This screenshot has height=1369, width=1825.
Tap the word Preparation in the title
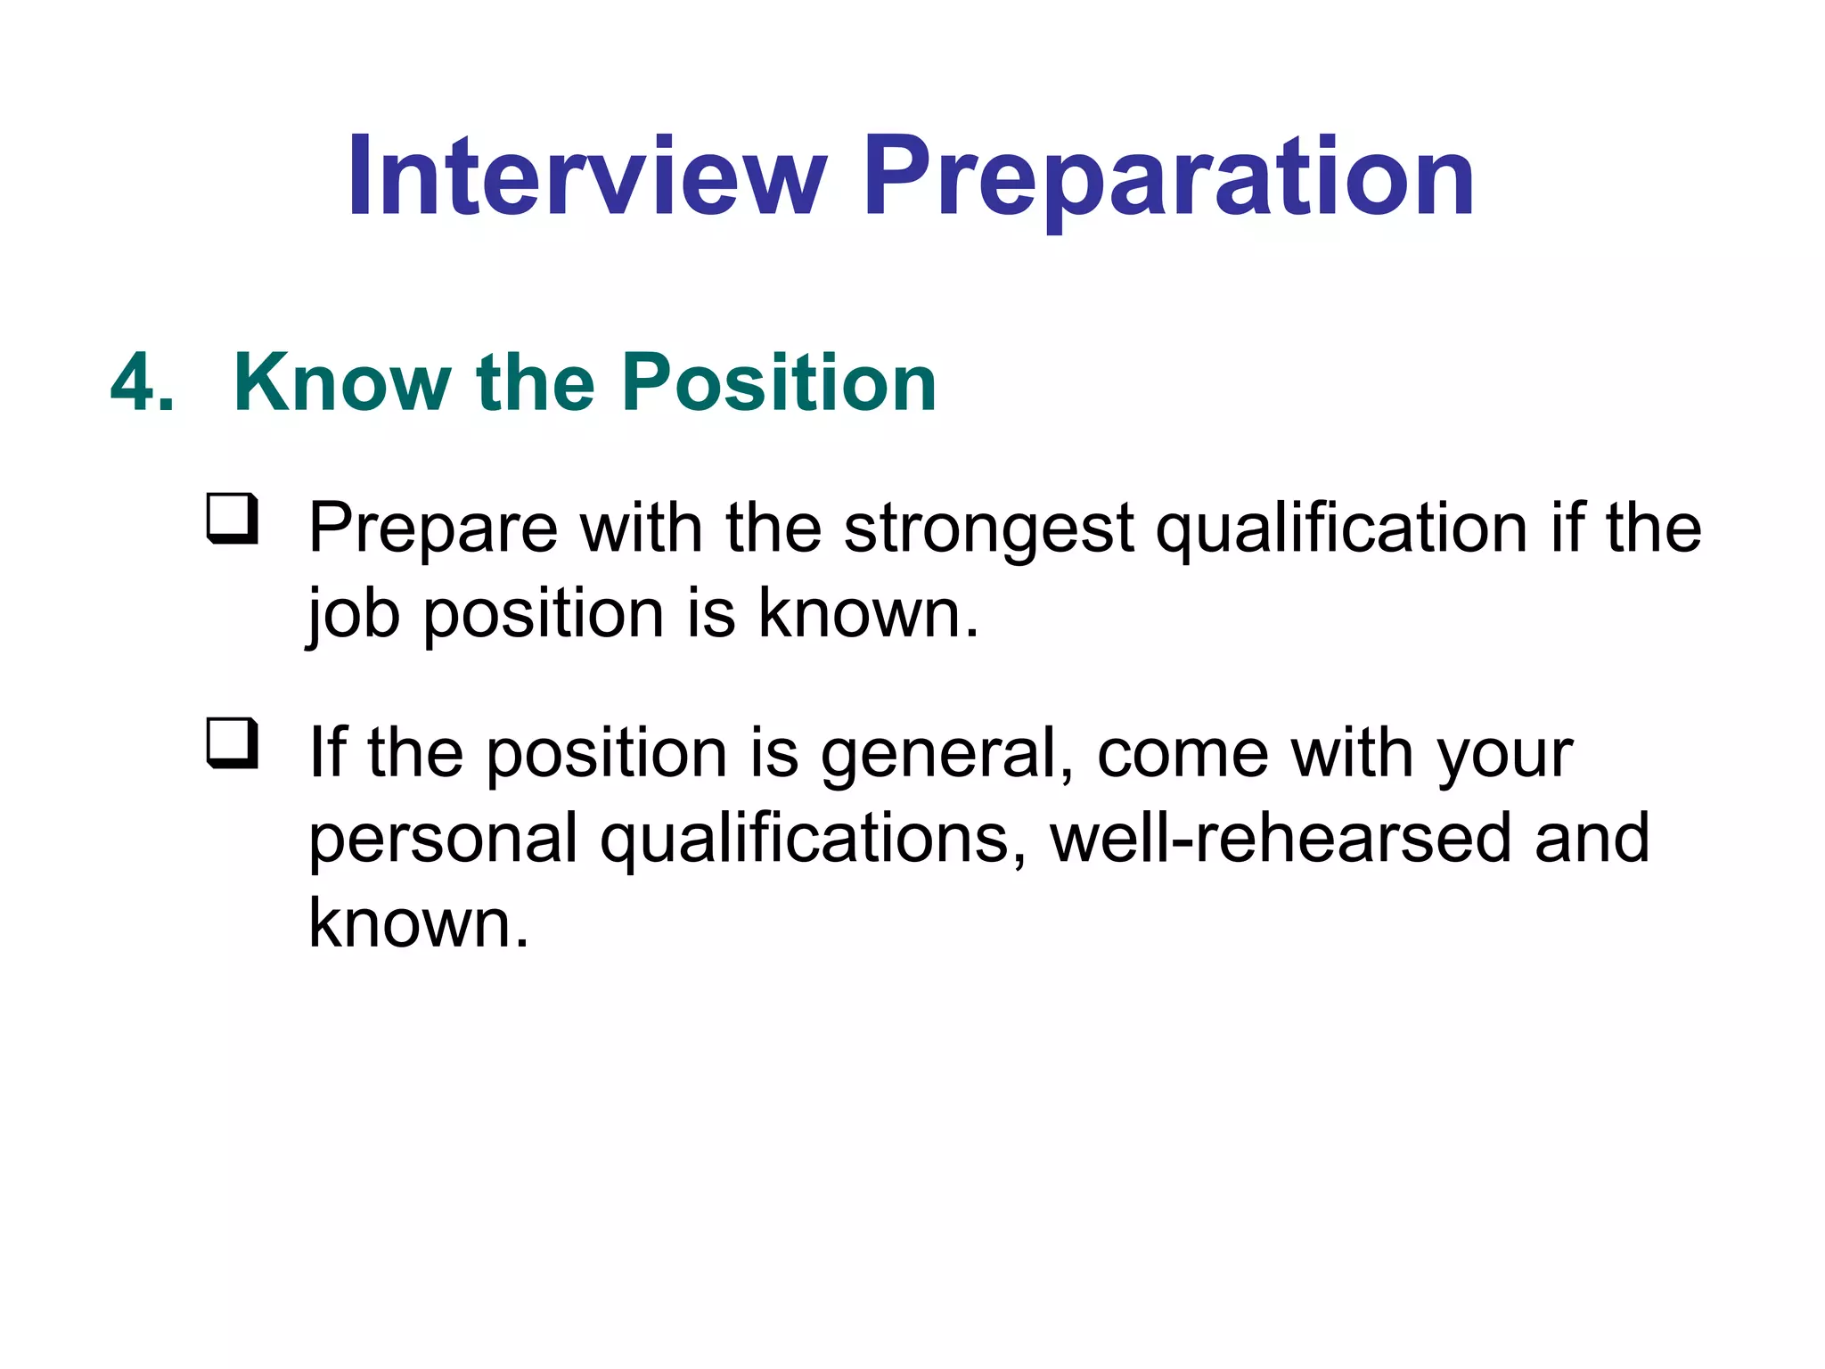[x=1167, y=178]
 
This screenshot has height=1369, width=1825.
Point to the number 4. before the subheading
[x=142, y=383]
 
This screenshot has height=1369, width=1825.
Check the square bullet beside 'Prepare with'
[x=233, y=518]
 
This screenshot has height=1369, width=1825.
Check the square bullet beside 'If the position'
[x=233, y=742]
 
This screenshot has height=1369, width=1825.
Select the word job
[x=353, y=615]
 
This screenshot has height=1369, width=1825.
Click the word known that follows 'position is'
[x=868, y=615]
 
